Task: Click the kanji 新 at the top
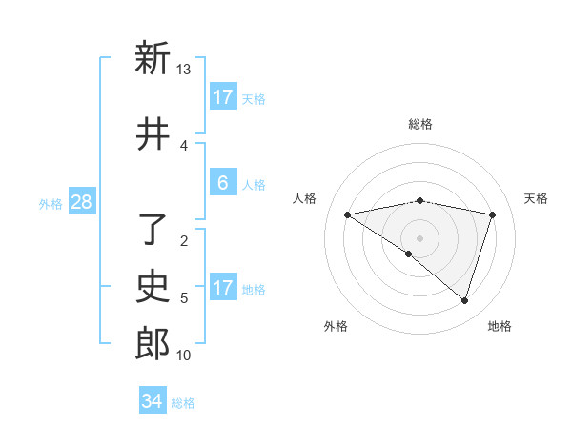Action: [153, 59]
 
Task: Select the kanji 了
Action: [153, 230]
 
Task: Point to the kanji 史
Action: [153, 286]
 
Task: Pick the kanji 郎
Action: [153, 343]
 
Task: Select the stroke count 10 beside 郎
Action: [184, 356]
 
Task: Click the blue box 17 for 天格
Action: [223, 97]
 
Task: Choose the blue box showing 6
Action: [223, 183]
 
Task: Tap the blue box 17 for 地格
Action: [223, 288]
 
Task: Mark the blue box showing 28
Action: [81, 202]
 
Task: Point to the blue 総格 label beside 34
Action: [183, 403]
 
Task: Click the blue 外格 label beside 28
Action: [51, 203]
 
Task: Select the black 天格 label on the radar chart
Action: [536, 198]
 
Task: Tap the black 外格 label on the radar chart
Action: [336, 326]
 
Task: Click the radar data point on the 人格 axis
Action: [348, 214]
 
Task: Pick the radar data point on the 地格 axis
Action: [464, 300]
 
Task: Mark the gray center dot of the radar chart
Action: [419, 237]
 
